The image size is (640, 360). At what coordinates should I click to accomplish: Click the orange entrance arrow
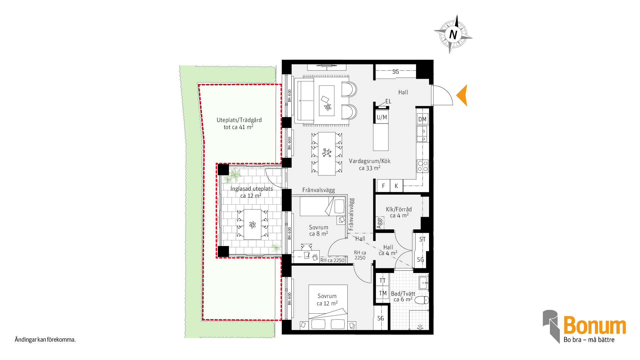(x=462, y=95)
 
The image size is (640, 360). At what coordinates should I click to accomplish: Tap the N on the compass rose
(x=453, y=34)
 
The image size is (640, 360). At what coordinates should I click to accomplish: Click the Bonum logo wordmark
(x=595, y=325)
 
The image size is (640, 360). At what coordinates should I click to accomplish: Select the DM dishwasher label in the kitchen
(x=422, y=119)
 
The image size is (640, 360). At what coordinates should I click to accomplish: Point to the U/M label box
(x=382, y=117)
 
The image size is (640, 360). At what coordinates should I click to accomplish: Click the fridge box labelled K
(x=396, y=186)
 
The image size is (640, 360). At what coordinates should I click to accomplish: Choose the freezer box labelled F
(x=383, y=186)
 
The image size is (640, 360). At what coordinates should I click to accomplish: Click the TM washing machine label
(x=383, y=293)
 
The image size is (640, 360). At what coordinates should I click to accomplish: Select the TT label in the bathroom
(x=383, y=281)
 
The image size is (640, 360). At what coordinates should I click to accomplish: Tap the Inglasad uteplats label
(x=252, y=189)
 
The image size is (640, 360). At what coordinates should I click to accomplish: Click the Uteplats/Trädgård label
(x=239, y=120)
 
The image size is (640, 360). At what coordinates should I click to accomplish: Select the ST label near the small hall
(x=422, y=239)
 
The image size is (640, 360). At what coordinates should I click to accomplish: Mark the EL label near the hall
(x=388, y=101)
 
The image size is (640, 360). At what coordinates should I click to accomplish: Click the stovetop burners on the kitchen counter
(x=423, y=166)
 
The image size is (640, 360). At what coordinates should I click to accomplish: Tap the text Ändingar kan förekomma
(x=45, y=340)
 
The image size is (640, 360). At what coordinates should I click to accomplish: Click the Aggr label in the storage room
(x=379, y=223)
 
